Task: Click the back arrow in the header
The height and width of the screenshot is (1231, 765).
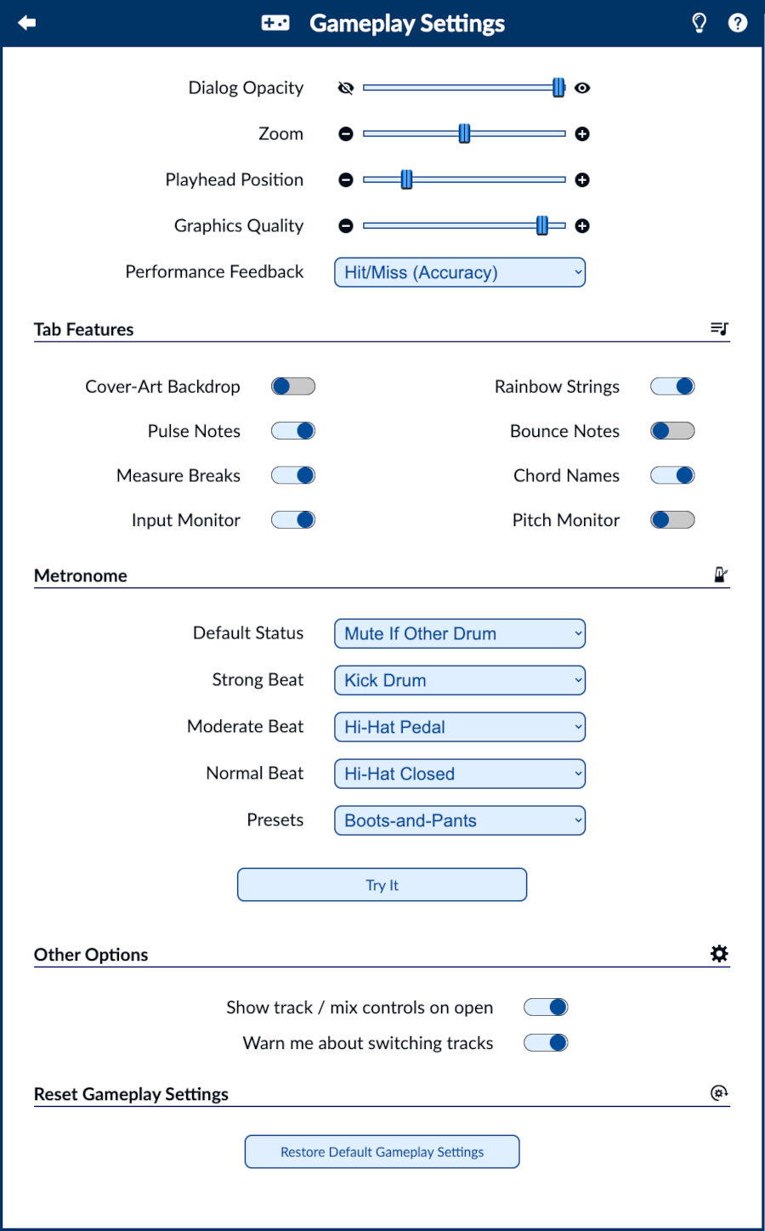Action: (x=27, y=23)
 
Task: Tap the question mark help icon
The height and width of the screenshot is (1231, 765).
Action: (x=738, y=23)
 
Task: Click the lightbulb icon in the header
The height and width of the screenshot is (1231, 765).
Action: (x=700, y=23)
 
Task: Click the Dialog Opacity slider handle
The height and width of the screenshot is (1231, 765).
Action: (x=558, y=88)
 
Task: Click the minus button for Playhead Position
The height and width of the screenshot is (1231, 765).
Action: (x=346, y=179)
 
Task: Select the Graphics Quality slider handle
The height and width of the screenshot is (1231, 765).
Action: (x=542, y=225)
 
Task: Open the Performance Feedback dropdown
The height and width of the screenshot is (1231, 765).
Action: (x=460, y=273)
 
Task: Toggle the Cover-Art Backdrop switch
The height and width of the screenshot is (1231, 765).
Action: (x=293, y=387)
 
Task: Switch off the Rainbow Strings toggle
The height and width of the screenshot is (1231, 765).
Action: (x=672, y=387)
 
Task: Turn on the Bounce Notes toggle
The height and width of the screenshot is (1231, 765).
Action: (x=672, y=431)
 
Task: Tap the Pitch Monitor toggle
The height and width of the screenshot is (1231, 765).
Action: (x=672, y=519)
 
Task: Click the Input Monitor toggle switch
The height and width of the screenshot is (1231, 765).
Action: (x=293, y=519)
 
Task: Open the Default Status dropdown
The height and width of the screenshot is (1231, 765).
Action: (x=460, y=633)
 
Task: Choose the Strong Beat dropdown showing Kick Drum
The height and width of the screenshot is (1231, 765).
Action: (x=460, y=680)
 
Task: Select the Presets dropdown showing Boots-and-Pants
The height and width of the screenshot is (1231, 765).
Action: (x=460, y=820)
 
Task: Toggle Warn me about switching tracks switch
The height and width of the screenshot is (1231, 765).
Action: (x=546, y=1043)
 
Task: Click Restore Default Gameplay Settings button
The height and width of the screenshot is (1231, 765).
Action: (x=382, y=1152)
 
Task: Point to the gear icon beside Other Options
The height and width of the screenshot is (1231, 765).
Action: (x=719, y=954)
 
